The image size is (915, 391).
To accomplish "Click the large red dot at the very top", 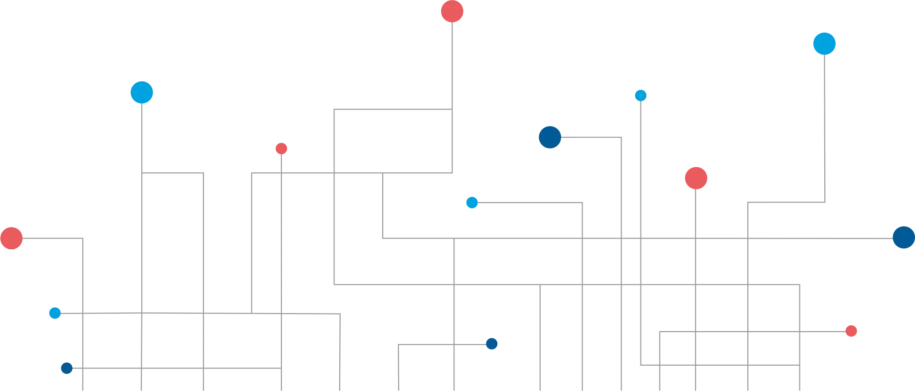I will coord(452,11).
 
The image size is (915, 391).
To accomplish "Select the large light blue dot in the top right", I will coord(824,44).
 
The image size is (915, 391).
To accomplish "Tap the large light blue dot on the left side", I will coord(142,92).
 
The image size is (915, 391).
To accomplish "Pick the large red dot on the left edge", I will coord(11,239).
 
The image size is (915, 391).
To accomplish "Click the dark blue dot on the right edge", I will coord(903,238).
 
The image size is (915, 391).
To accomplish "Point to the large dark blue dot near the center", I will coord(550,137).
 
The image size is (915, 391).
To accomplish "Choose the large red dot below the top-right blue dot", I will coord(696,178).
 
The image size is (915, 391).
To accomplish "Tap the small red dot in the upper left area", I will coord(281,149).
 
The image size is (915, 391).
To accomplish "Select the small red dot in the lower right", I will coord(852,331).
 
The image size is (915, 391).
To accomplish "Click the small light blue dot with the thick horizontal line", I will coord(472,203).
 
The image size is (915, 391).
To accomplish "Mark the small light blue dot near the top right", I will coord(641,95).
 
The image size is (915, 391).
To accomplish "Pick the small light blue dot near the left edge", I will coord(55,313).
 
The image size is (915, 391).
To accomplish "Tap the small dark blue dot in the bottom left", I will coord(66,368).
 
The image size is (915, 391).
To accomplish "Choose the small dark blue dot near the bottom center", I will coord(491,344).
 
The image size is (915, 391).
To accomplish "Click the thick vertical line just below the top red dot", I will coord(452,63).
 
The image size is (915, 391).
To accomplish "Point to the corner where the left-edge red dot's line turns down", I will coord(84,240).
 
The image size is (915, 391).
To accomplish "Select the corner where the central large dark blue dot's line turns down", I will coord(622,139).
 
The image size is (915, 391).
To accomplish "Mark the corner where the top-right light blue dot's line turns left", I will coord(824,202).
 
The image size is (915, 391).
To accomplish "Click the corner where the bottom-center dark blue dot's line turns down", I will coord(400,345).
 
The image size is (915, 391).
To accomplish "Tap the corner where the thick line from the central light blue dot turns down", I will coord(583,203).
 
